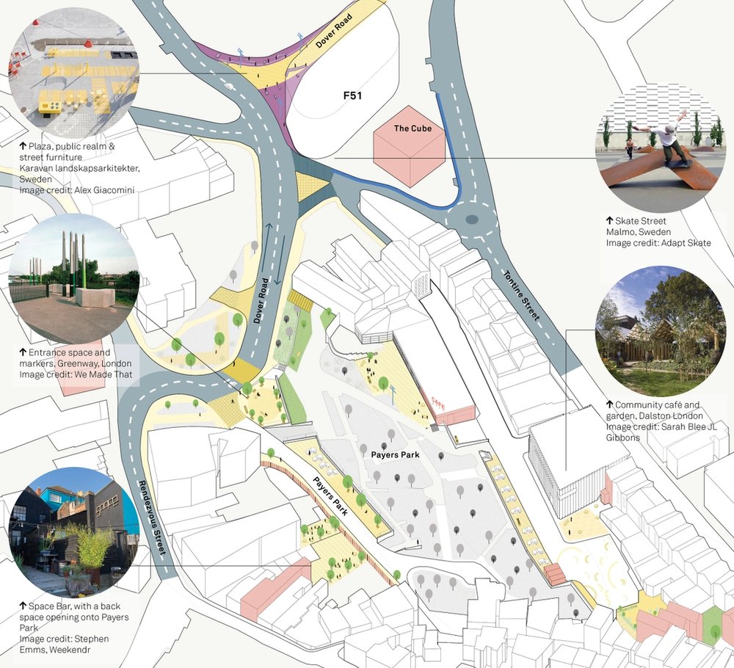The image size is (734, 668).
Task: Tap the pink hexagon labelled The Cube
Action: [x=409, y=150]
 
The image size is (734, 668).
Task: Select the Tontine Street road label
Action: [x=523, y=294]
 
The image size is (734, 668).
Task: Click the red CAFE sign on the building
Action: [x=438, y=401]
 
